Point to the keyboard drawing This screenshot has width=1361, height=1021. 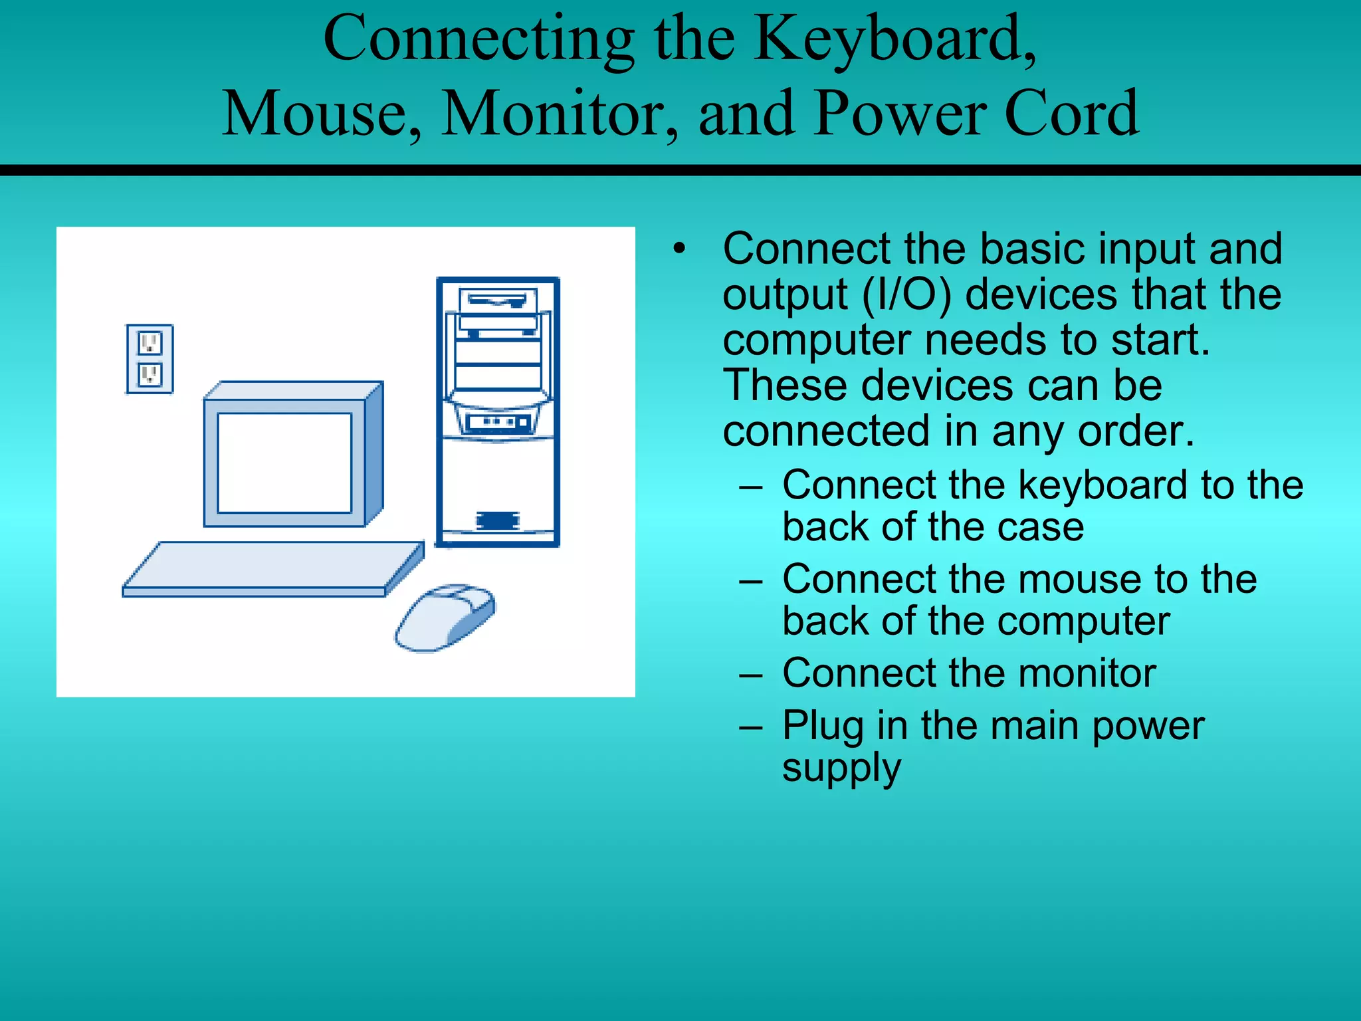coord(272,568)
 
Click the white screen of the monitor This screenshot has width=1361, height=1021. coord(284,463)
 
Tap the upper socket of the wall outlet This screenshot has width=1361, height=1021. coord(150,344)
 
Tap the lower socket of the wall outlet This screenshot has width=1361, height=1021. coord(150,375)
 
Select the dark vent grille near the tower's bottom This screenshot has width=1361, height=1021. coord(497,520)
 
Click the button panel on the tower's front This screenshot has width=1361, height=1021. coord(498,422)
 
